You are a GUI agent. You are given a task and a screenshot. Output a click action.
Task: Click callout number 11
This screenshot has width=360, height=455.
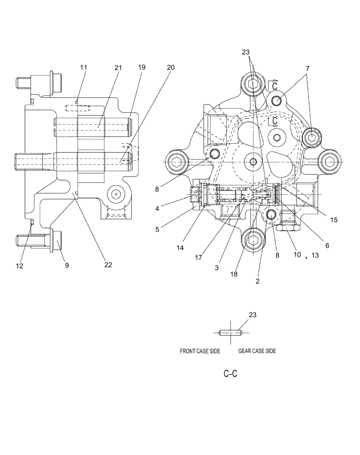coord(83,67)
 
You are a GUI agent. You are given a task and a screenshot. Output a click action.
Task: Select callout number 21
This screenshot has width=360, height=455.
coord(118,67)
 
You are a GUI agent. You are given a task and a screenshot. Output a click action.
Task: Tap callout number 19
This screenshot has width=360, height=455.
coord(142,67)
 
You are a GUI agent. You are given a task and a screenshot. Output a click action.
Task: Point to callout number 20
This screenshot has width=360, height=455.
coord(170,67)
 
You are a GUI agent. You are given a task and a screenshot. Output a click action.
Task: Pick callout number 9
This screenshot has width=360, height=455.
coord(66,265)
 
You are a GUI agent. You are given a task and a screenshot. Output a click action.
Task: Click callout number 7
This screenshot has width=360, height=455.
coord(308,68)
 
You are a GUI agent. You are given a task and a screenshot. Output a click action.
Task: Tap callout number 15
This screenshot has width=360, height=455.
coord(334,220)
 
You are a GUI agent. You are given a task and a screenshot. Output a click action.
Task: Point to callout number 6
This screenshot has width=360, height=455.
coord(327,245)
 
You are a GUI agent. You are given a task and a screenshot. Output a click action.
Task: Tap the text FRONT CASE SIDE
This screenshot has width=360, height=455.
coord(200,351)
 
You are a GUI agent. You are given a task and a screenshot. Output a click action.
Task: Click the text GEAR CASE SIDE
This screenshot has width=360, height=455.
coord(257,351)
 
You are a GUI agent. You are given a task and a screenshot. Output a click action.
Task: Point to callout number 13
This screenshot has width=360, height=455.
coord(315,255)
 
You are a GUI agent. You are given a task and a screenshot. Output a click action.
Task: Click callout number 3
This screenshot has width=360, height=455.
coord(217,268)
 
